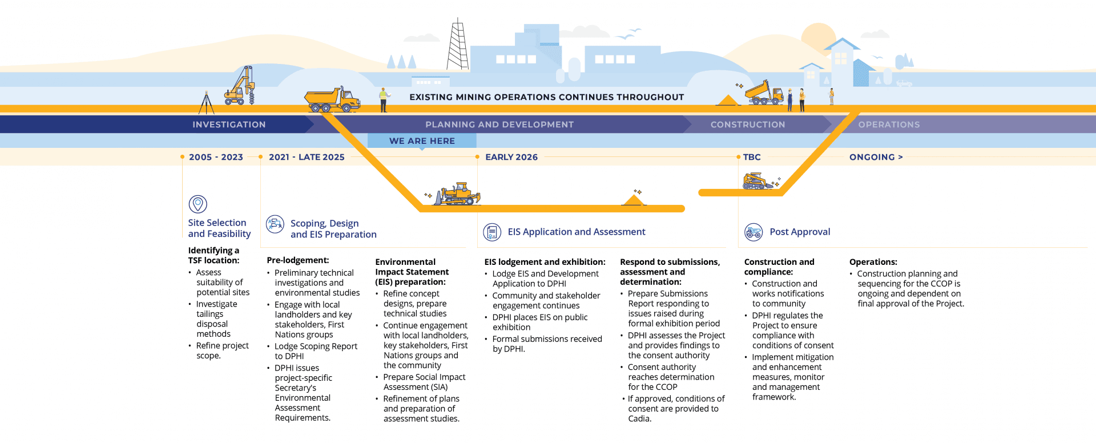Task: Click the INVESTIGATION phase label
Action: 229,124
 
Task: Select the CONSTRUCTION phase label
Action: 748,124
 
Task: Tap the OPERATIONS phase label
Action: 889,124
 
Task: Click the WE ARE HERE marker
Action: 422,141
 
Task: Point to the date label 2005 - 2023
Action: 216,157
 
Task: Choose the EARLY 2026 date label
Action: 511,157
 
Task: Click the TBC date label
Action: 752,157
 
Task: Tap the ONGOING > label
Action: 876,157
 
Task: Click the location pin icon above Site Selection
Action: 198,204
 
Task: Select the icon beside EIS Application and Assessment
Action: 492,232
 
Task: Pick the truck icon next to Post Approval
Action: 753,232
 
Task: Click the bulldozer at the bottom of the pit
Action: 457,195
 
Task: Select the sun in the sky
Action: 818,37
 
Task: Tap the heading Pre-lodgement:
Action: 297,260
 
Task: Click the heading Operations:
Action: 873,262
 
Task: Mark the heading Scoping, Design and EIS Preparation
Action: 333,229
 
